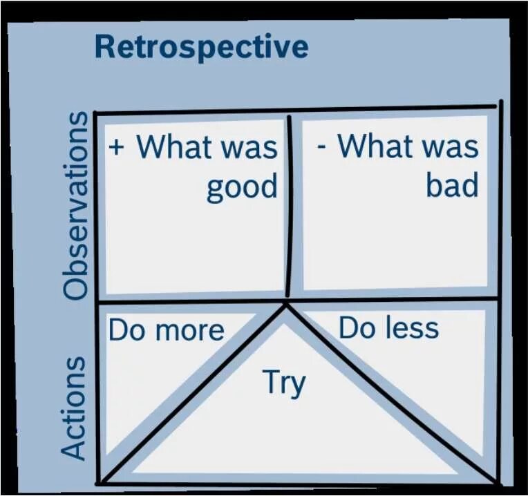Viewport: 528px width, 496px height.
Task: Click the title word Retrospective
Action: coord(201,47)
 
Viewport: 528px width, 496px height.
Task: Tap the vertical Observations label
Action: coord(76,205)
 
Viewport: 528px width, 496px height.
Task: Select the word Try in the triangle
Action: coord(284,383)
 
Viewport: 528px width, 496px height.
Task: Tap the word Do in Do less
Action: coord(357,328)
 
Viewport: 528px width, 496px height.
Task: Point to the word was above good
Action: coord(253,148)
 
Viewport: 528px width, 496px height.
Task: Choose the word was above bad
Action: coord(453,147)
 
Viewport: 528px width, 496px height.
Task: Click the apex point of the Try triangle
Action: coord(285,304)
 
